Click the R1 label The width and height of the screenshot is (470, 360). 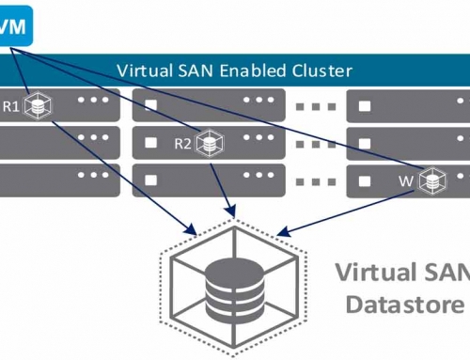[11, 106]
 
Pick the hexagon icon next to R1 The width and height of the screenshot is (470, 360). [38, 106]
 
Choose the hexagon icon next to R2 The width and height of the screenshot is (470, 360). [211, 143]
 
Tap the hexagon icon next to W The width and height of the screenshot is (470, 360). [432, 178]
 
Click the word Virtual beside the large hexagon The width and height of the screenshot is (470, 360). [376, 275]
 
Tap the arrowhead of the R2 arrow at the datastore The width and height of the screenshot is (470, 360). [227, 210]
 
